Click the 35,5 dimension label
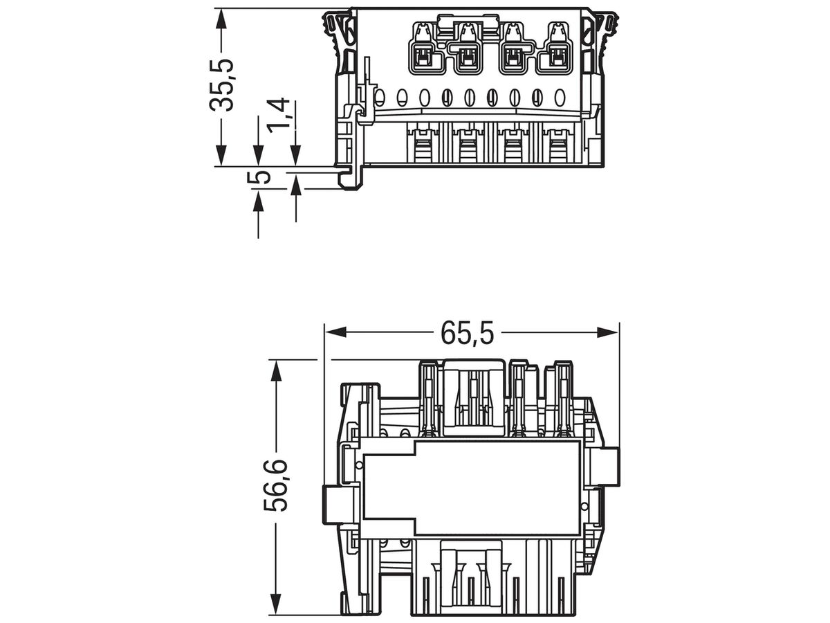[x=221, y=85]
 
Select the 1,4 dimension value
[x=278, y=116]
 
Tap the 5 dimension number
[x=259, y=177]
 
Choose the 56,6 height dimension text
[x=276, y=486]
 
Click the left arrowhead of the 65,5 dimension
[x=336, y=332]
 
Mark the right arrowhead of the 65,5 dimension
[x=607, y=332]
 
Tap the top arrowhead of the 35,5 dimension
[x=221, y=19]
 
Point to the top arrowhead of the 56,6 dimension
[x=276, y=371]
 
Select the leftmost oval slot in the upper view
[x=379, y=97]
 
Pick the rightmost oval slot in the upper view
[x=560, y=97]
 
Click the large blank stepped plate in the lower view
[x=471, y=488]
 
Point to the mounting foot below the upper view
[x=351, y=177]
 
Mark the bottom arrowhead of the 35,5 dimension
[x=221, y=155]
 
